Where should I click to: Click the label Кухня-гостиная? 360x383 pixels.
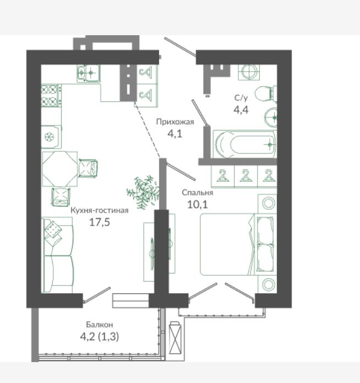pyautogui.click(x=100, y=210)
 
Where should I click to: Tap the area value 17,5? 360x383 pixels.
pyautogui.click(x=100, y=222)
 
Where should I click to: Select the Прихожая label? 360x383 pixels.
pyautogui.click(x=175, y=122)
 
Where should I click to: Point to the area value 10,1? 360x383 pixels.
pyautogui.click(x=198, y=205)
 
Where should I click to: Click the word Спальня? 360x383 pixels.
pyautogui.click(x=198, y=193)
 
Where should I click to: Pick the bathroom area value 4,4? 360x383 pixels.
pyautogui.click(x=241, y=110)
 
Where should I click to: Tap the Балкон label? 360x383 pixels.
pyautogui.click(x=100, y=325)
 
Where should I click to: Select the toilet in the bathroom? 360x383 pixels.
pyautogui.click(x=266, y=94)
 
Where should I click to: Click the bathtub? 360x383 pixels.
pyautogui.click(x=244, y=144)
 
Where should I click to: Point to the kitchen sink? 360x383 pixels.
pyautogui.click(x=89, y=73)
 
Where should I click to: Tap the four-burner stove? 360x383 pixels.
pyautogui.click(x=51, y=96)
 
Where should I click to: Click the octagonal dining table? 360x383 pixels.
pyautogui.click(x=59, y=169)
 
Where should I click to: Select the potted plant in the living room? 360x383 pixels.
pyautogui.click(x=144, y=191)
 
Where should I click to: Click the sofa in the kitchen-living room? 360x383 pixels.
pyautogui.click(x=58, y=255)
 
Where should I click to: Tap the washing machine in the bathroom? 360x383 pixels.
pyautogui.click(x=249, y=72)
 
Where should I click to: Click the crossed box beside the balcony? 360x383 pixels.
pyautogui.click(x=176, y=337)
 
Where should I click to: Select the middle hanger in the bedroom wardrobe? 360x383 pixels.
pyautogui.click(x=246, y=176)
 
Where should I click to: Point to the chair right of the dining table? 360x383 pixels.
pyautogui.click(x=88, y=168)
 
